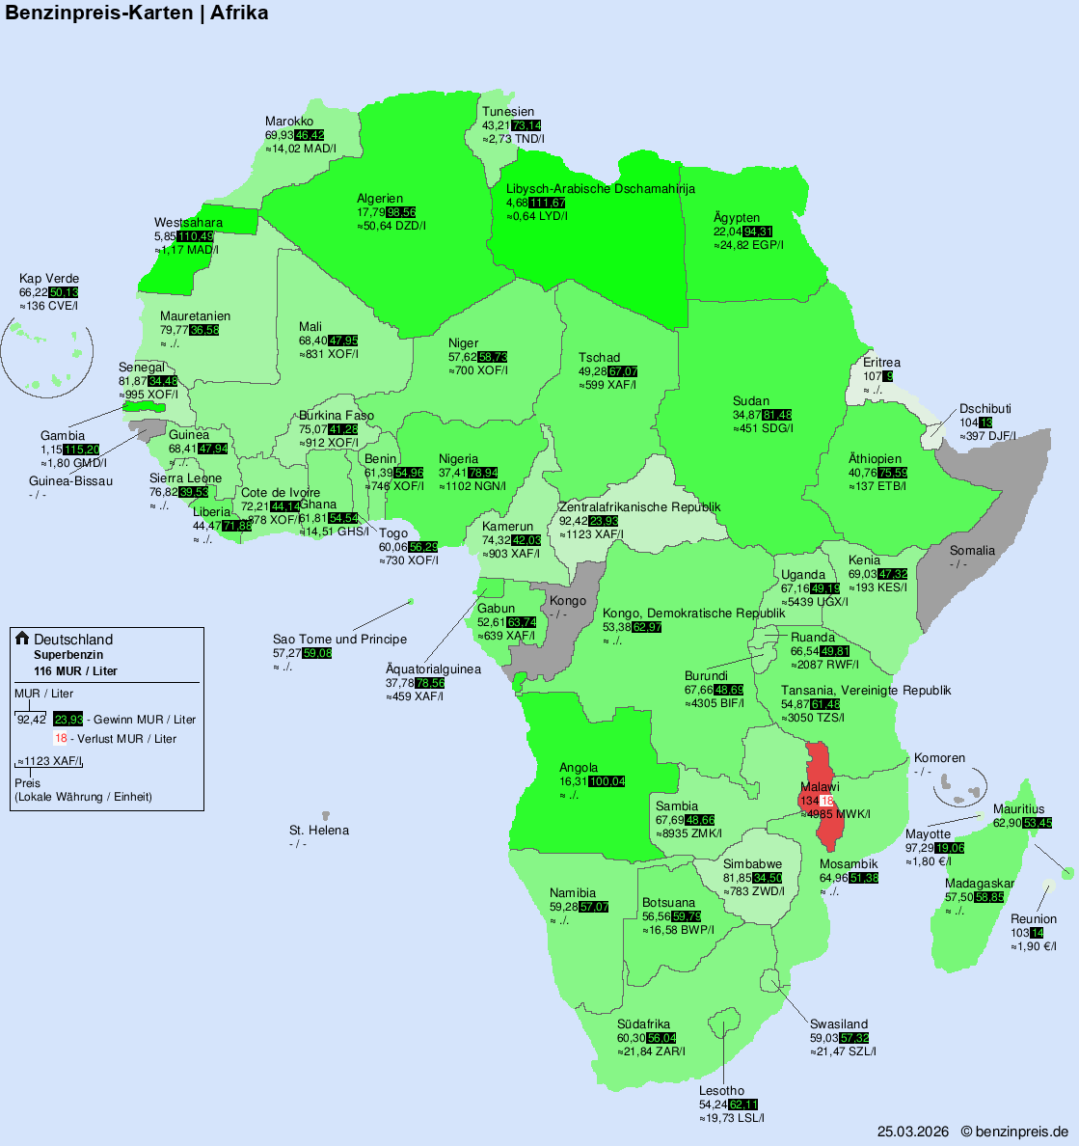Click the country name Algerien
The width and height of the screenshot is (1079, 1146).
[380, 199]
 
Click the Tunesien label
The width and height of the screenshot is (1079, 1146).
[508, 112]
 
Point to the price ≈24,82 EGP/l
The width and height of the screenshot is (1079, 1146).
[748, 245]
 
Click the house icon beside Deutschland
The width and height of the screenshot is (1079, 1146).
[22, 639]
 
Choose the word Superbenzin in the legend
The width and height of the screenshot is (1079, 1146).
[68, 655]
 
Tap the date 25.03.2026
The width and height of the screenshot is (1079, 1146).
[912, 1131]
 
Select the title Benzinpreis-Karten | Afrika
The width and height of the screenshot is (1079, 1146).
[137, 13]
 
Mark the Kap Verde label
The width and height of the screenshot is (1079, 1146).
[49, 279]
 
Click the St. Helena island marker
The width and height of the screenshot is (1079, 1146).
[326, 816]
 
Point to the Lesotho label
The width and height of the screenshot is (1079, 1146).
[721, 1091]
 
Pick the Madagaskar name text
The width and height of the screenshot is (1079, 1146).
[980, 884]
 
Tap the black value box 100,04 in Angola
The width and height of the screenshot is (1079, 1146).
[607, 781]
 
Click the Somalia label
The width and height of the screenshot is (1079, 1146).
[972, 551]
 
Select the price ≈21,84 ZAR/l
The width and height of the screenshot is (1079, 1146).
[651, 1050]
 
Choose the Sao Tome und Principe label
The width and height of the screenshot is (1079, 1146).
[339, 640]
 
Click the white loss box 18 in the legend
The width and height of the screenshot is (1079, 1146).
[61, 739]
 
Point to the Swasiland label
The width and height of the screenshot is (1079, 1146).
[839, 1024]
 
